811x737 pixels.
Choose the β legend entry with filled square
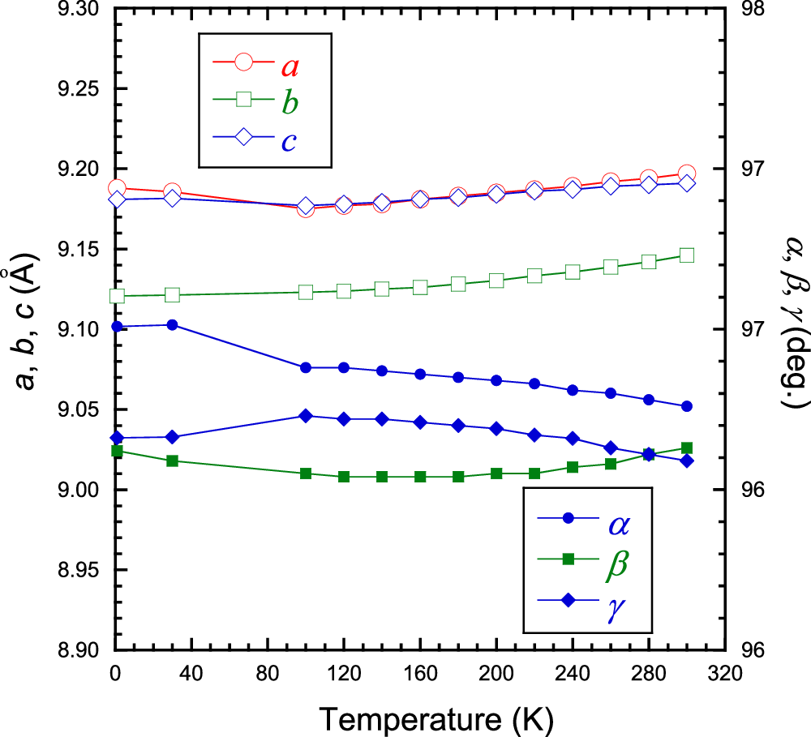point(587,559)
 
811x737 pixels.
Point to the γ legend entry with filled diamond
point(587,600)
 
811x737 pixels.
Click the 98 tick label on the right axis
point(756,11)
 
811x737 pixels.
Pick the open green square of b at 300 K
point(686,255)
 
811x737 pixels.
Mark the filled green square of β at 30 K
point(172,461)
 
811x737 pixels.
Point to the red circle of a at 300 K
point(686,174)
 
